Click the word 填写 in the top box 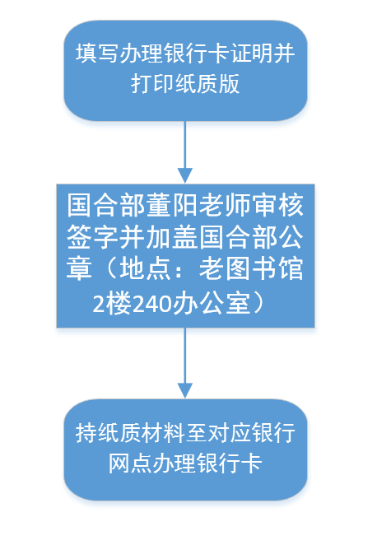point(97,54)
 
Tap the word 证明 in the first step point(252,54)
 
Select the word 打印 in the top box point(153,83)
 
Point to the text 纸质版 point(207,83)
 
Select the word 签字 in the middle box point(93,237)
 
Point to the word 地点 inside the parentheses point(146,268)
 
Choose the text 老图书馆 point(251,268)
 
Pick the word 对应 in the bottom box point(230,433)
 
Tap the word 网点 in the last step point(131,463)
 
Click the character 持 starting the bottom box point(86,433)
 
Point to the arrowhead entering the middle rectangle point(185,175)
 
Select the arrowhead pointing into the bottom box point(185,391)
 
